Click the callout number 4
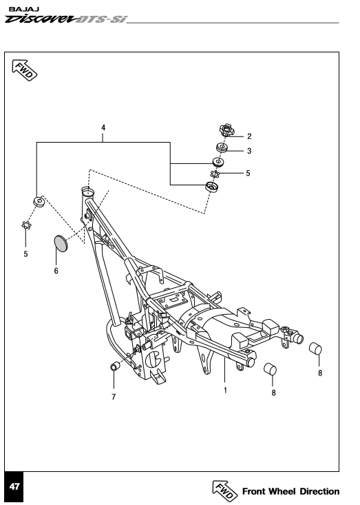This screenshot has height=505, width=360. coord(103,128)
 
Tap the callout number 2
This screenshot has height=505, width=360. coord(249,136)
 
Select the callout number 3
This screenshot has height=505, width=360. coord(249,151)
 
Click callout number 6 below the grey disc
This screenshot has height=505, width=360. coord(56,271)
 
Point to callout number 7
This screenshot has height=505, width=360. coord(114,397)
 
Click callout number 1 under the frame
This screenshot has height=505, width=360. coord(225,391)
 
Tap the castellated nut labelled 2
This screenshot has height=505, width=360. coord(227,130)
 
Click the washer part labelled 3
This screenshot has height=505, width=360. coord(222,148)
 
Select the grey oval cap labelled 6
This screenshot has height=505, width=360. coord(61,243)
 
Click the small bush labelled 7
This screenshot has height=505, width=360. coord(115,367)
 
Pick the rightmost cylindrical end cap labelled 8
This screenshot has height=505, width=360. coord(316,349)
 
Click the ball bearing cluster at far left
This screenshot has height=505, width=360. coord(26,225)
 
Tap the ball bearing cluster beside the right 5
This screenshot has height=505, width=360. coord(215,174)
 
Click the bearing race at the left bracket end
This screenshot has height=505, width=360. coord(39,202)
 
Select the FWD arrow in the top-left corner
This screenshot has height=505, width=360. coord(25,70)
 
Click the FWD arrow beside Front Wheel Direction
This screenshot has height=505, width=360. coord(225,491)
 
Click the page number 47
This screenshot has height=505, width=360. coord(14,486)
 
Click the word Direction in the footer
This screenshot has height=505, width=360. coord(319,491)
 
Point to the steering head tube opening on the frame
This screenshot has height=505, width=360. coord(87,192)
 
